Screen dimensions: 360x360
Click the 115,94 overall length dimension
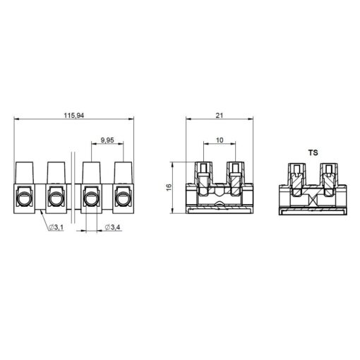(x=74, y=116)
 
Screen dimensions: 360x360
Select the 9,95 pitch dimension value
(x=107, y=140)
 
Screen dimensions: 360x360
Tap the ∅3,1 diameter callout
(x=56, y=227)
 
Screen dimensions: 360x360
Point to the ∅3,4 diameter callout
(x=112, y=227)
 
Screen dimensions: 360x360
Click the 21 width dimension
(x=220, y=116)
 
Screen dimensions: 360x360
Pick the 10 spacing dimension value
(x=220, y=140)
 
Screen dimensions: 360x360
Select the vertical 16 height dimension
(x=169, y=187)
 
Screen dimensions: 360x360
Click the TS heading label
(x=313, y=152)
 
